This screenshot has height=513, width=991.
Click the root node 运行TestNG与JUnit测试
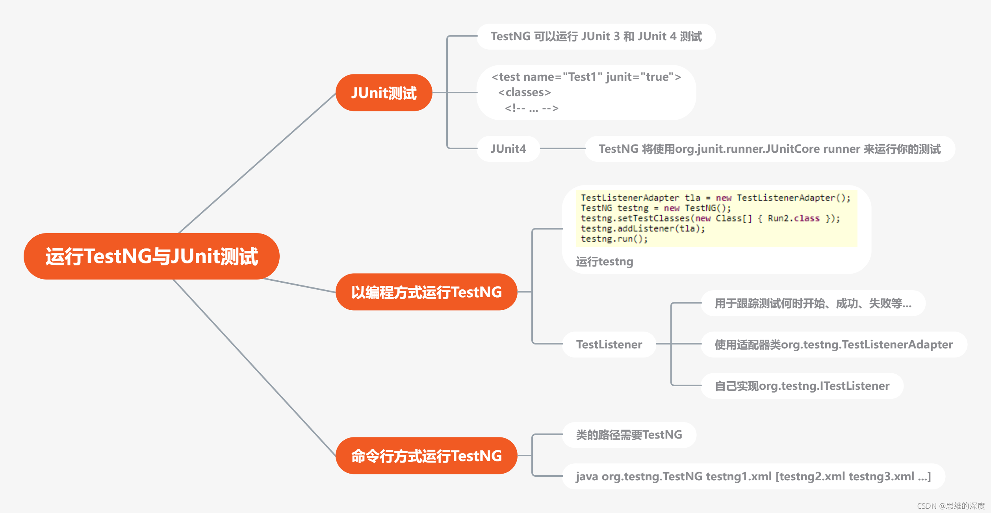(x=152, y=256)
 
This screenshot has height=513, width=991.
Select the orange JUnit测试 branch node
(x=384, y=93)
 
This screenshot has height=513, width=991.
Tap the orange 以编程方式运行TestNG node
(x=426, y=292)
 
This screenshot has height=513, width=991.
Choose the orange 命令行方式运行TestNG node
(x=426, y=456)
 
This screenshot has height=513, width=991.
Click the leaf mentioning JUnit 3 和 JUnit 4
(x=596, y=37)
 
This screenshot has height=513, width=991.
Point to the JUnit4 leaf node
(x=508, y=149)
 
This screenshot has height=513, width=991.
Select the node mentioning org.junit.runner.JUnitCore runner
(x=770, y=149)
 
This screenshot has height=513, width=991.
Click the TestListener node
(x=609, y=344)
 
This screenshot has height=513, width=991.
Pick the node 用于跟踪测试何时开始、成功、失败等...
(x=813, y=304)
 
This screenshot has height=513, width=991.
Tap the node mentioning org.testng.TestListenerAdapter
(x=833, y=344)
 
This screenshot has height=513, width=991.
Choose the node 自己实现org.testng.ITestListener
(x=802, y=386)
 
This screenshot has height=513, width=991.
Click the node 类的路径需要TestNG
(x=629, y=435)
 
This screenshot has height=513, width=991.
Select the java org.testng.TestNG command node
(x=753, y=476)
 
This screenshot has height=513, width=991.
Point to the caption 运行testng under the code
(x=605, y=262)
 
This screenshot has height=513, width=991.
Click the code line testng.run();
(x=614, y=239)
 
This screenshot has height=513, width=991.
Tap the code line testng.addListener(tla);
(x=643, y=229)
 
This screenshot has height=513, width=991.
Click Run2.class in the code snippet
(x=794, y=219)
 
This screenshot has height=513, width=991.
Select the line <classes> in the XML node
(x=525, y=93)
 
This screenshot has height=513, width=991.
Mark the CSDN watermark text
(x=950, y=506)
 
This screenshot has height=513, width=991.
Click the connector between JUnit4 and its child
(x=562, y=148)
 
